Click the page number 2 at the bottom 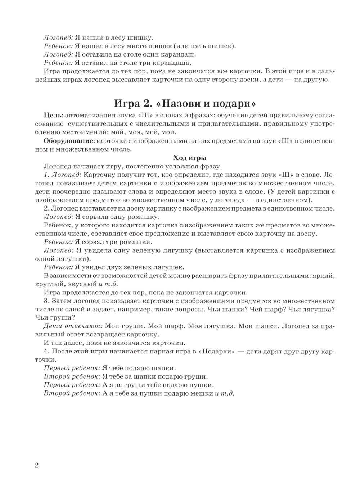(x=36, y=465)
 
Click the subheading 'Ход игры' (x=190, y=158)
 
